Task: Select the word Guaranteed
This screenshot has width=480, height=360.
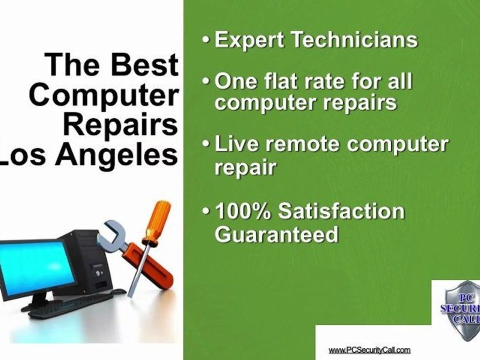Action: point(276,234)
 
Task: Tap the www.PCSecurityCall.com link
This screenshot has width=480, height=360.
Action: point(369,349)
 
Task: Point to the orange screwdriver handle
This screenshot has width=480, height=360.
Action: point(157,222)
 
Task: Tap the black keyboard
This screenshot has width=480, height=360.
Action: point(70,304)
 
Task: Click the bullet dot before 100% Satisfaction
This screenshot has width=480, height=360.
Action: point(206,211)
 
